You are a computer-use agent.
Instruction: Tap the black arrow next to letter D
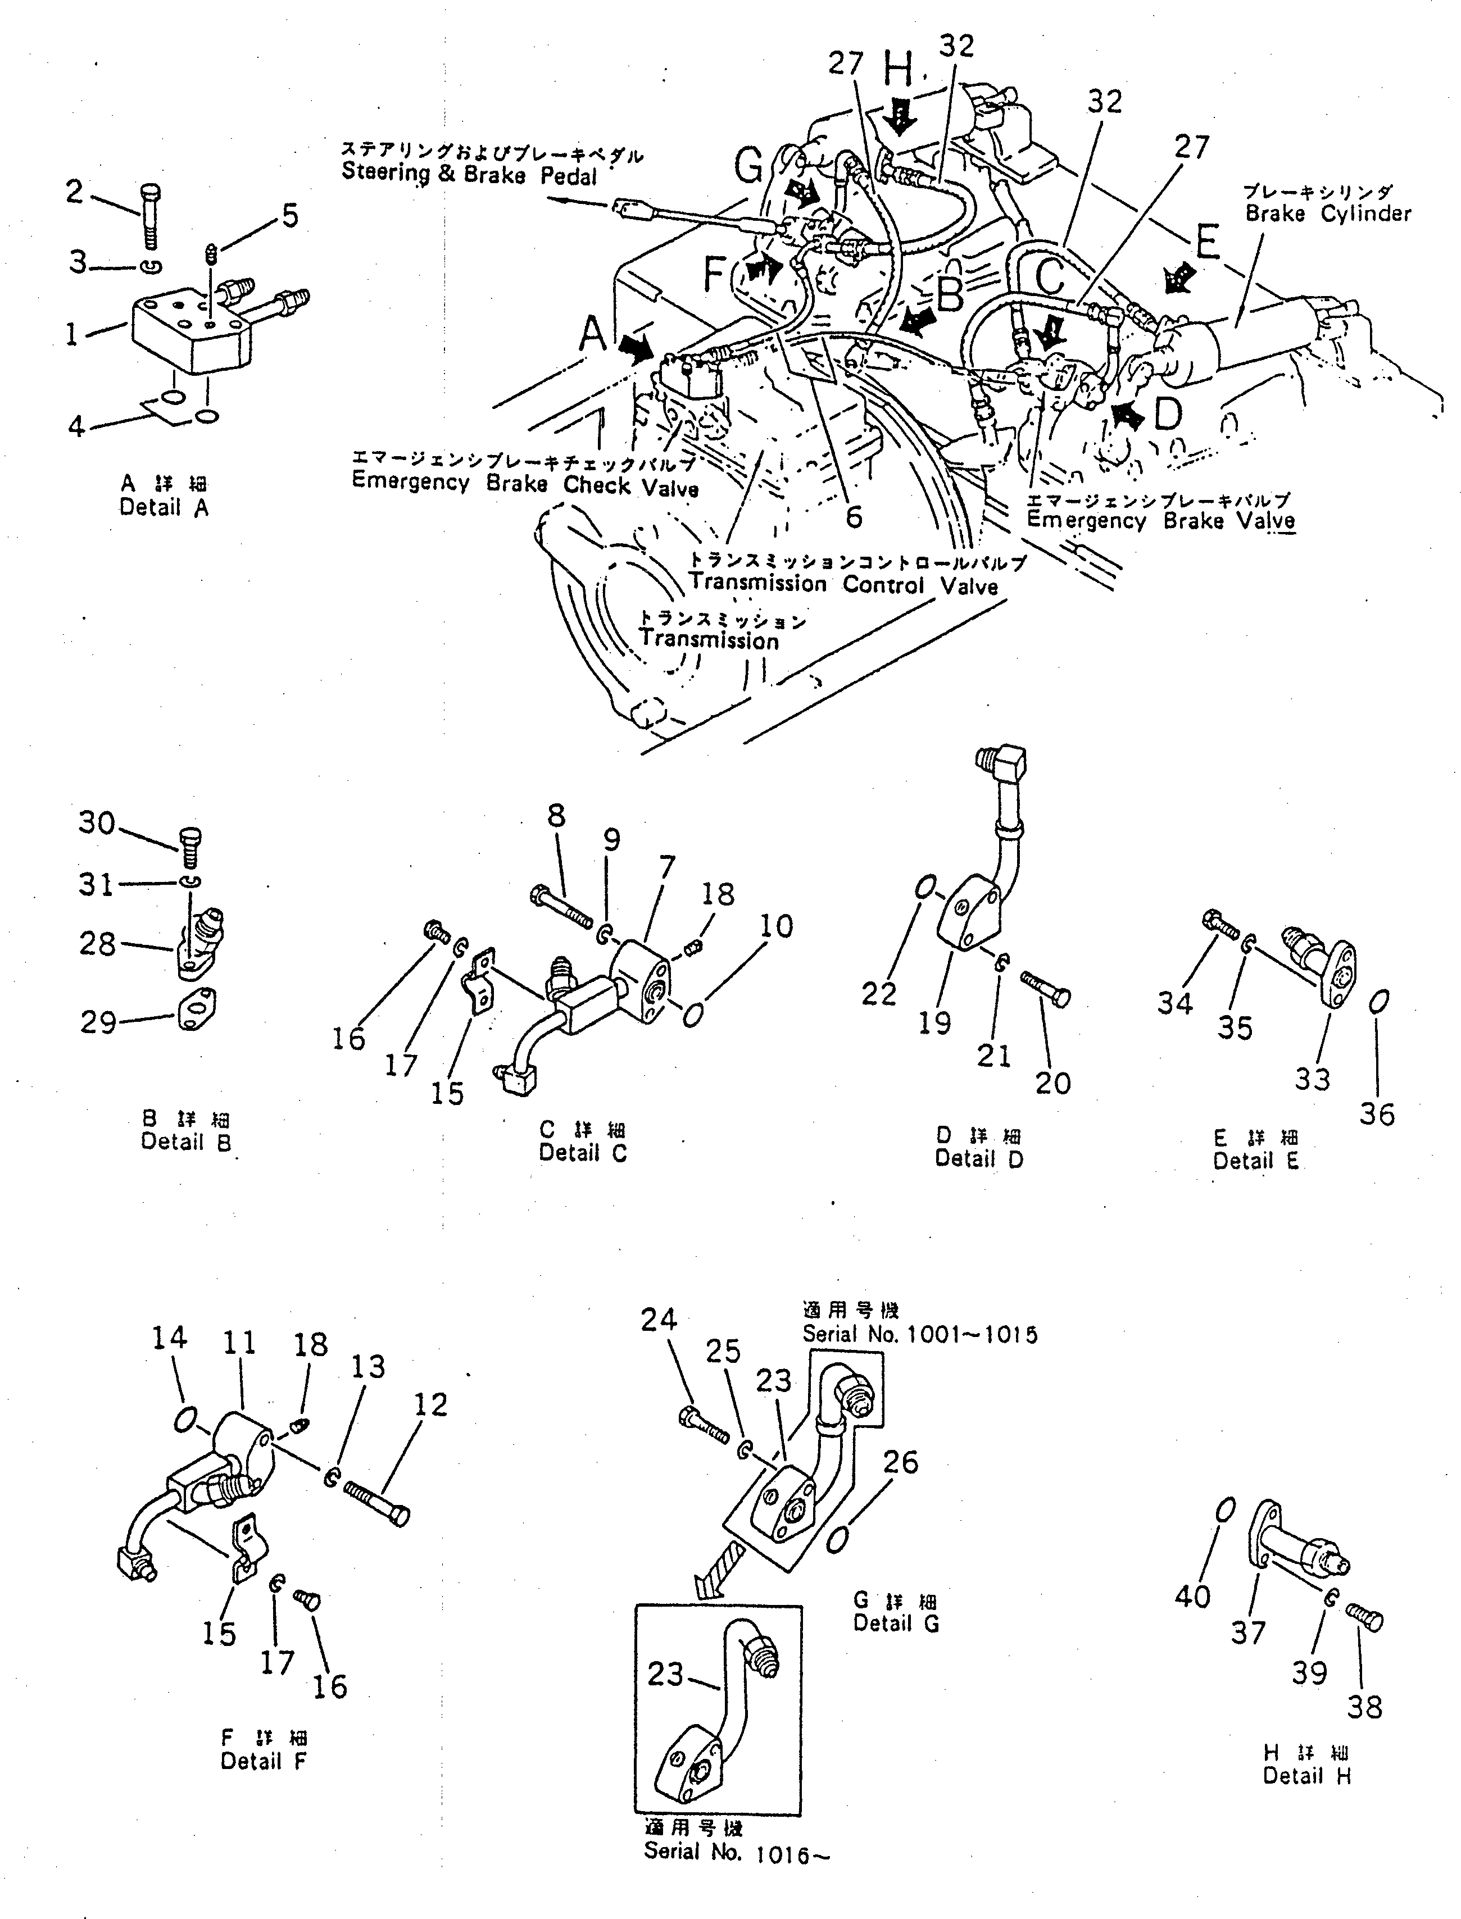coord(1127,416)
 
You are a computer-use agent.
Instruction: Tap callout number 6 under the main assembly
coord(854,516)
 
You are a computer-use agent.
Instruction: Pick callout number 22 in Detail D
coord(878,993)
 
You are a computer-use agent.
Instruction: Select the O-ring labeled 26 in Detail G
coord(837,1540)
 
